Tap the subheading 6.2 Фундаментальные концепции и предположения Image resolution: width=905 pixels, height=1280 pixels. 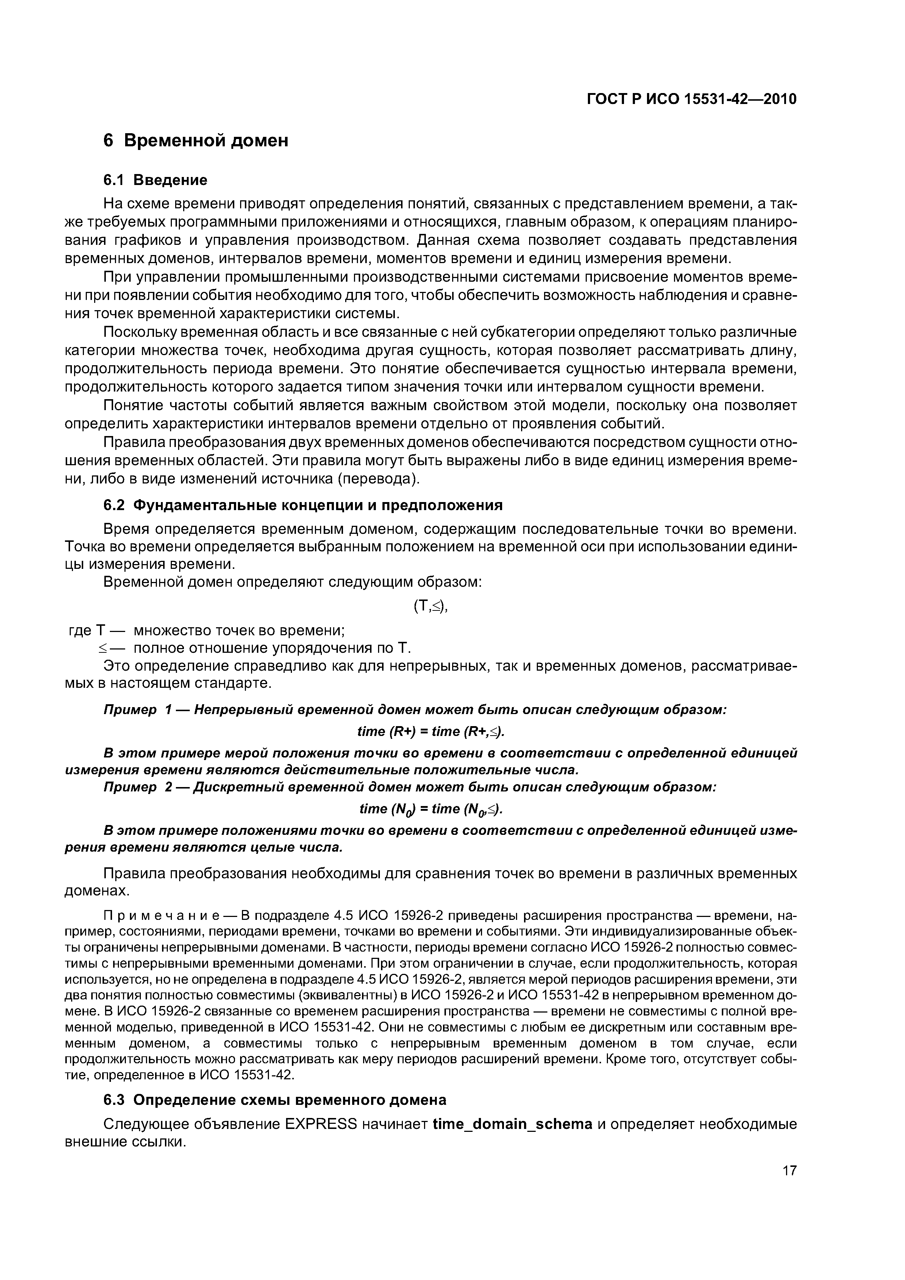[x=303, y=505]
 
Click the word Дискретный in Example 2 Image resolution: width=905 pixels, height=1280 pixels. [x=236, y=787]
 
